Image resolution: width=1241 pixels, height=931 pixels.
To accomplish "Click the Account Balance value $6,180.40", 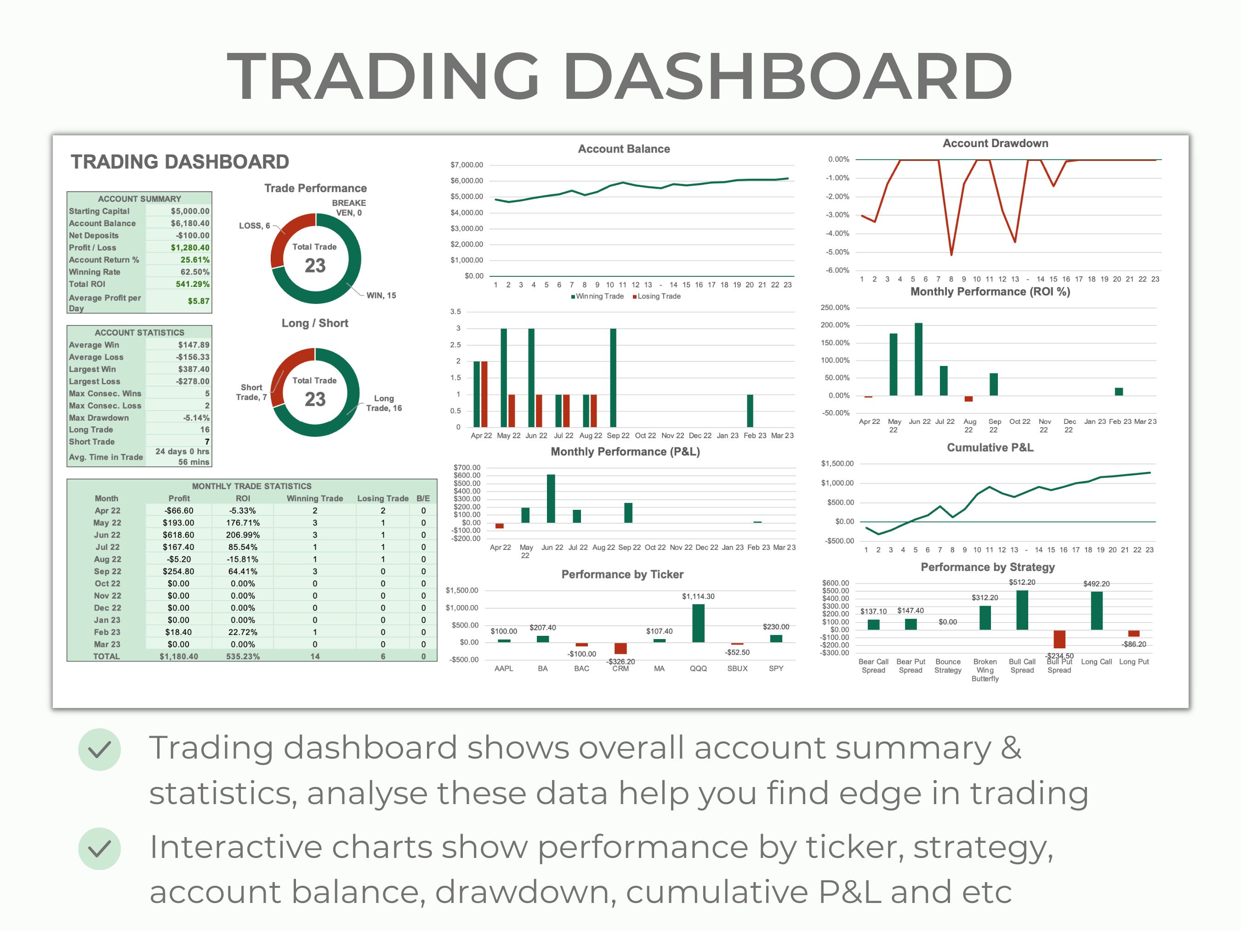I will point(190,223).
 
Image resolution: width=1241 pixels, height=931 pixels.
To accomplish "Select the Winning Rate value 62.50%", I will point(195,272).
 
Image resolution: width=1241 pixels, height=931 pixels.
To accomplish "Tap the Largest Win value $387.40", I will point(194,369).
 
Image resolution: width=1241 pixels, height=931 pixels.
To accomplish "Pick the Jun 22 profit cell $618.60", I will point(178,535).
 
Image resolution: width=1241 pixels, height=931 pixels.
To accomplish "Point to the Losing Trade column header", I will point(382,498).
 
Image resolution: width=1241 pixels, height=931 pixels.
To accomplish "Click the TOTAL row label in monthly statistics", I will point(107,657).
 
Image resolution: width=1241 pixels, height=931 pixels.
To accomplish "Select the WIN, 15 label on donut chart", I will point(381,296).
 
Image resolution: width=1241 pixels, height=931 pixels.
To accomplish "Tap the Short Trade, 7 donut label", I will point(251,392).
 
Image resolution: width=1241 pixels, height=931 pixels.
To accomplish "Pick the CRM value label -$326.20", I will point(620,662).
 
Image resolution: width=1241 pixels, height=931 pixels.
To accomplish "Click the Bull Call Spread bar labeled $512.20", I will point(1022,610).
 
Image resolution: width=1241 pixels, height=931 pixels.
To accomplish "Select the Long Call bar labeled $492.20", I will point(1096,611).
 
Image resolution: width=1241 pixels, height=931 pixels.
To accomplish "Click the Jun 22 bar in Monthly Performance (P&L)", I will point(551,499).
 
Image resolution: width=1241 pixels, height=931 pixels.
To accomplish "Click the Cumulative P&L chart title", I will point(990,448).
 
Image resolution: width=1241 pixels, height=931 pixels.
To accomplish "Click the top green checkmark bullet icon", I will point(99,749).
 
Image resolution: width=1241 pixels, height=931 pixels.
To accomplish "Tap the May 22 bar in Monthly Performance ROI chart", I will point(893,365).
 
